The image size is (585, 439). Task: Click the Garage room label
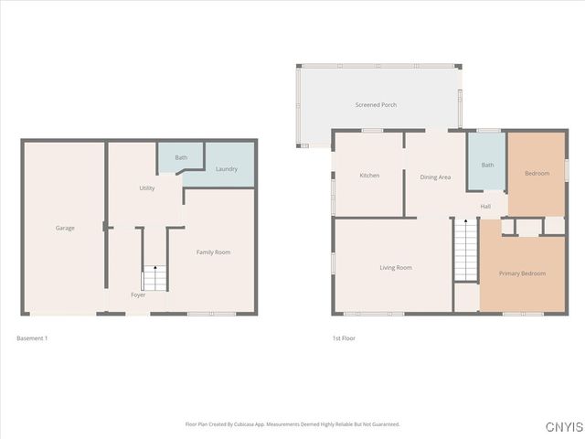pos(65,228)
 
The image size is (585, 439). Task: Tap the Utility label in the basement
pos(147,188)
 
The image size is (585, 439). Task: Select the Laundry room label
pos(227,169)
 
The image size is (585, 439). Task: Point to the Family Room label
pos(213,252)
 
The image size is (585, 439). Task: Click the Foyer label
pos(138,294)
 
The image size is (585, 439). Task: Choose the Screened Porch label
pos(376,105)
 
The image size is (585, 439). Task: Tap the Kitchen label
pos(369,176)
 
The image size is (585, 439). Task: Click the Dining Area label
pos(435,177)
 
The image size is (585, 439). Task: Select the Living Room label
pos(396,268)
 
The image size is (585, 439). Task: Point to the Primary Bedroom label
pos(522,273)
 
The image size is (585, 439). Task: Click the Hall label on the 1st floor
pos(485,206)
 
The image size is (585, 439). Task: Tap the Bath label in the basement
pos(181,157)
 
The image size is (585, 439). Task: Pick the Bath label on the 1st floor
pos(487,166)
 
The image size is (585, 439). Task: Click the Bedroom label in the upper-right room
pos(537,174)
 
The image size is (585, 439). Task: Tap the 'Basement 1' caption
pos(32,338)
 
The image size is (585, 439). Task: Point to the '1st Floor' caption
pos(344,338)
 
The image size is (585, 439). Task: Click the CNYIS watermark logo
pos(562,427)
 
